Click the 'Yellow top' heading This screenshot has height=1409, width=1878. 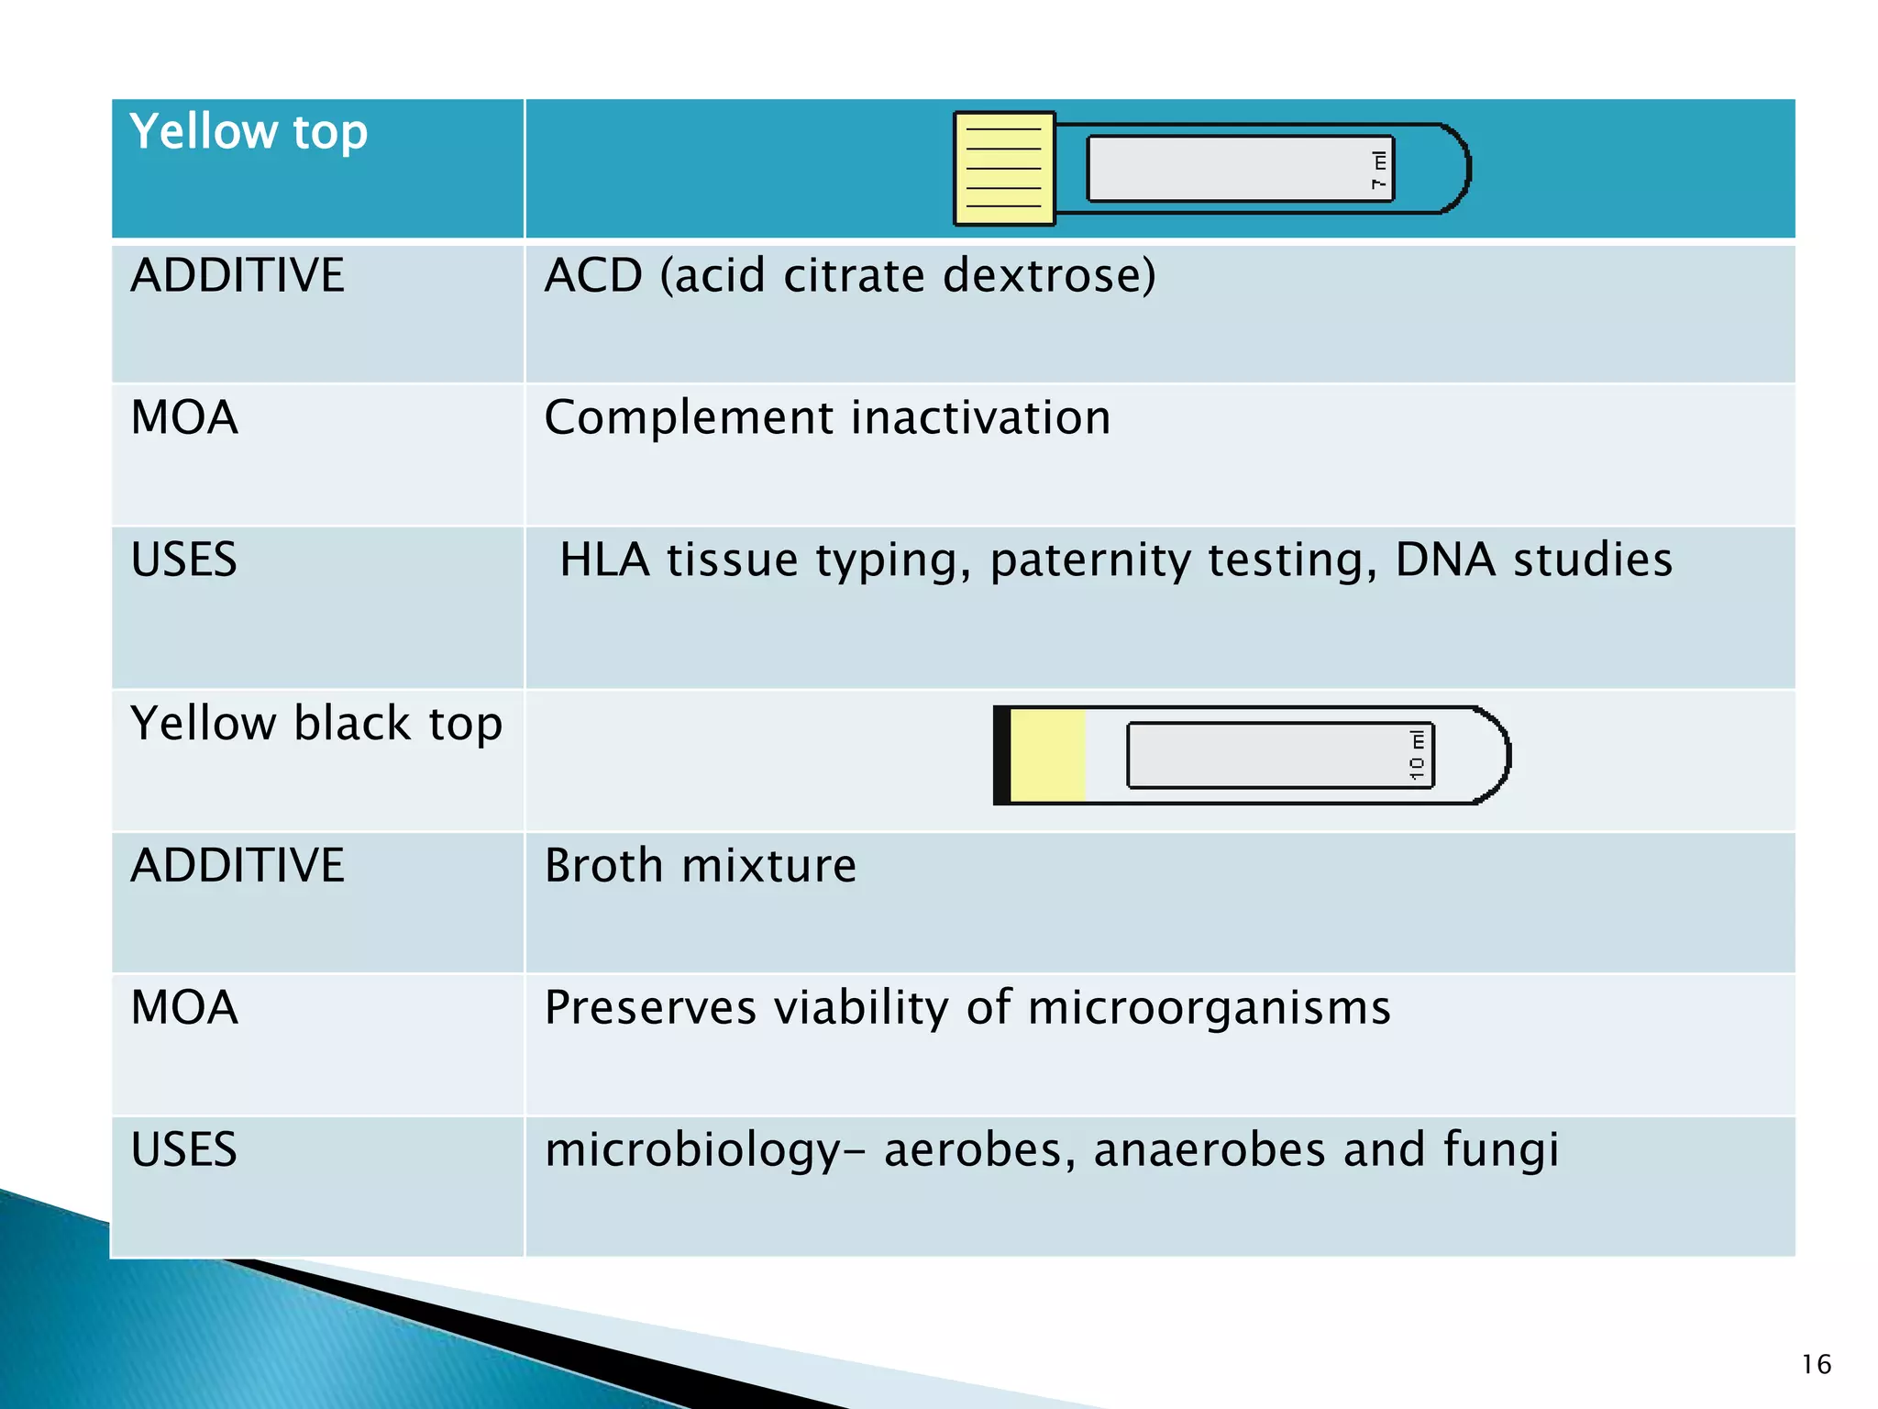(249, 132)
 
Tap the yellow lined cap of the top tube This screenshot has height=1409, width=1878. (1004, 169)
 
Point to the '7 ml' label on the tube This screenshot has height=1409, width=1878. (1379, 170)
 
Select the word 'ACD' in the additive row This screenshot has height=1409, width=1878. (593, 275)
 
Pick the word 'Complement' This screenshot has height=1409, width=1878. (688, 418)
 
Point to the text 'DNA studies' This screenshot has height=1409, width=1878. (1533, 560)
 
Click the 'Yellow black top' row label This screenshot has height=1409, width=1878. (316, 724)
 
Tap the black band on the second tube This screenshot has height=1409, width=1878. (1002, 756)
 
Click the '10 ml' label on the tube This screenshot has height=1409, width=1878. (1418, 755)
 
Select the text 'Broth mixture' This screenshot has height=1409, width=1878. (701, 866)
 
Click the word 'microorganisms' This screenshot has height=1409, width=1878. (1209, 1008)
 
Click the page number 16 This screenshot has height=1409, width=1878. (1816, 1365)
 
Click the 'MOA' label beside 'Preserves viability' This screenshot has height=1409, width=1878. (184, 1008)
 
